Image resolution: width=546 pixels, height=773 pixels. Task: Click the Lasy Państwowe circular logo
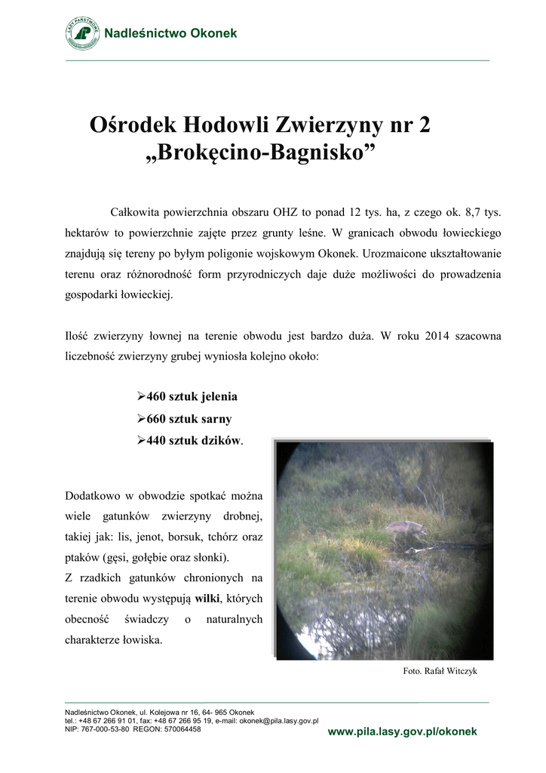click(82, 33)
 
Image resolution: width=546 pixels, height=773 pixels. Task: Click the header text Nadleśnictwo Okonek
click(170, 33)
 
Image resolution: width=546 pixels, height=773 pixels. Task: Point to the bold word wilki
click(206, 599)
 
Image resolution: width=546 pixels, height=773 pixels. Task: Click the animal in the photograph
click(406, 528)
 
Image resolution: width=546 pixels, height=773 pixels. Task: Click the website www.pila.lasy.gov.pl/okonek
click(402, 732)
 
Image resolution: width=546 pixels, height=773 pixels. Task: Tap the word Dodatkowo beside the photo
click(94, 496)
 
